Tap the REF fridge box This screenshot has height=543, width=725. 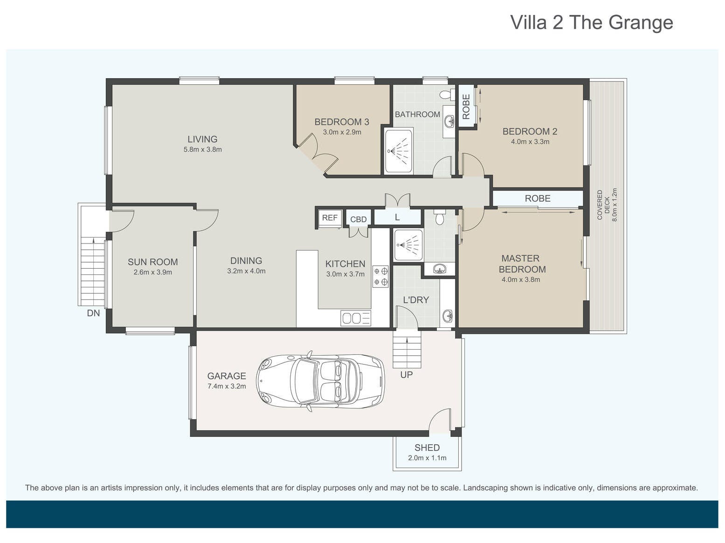coord(329,218)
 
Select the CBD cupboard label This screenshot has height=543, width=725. coord(359,219)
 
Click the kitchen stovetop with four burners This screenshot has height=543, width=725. coord(380,277)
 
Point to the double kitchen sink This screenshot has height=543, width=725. coord(356,318)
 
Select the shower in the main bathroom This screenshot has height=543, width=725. coord(399,151)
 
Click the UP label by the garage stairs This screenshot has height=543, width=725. coord(406,375)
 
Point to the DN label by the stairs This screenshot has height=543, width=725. coord(93,313)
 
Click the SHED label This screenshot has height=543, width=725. coord(427,448)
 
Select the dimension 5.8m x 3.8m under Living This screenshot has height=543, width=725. coord(202,149)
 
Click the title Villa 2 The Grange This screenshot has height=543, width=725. coord(592,22)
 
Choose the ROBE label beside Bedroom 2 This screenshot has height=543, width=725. coord(466,107)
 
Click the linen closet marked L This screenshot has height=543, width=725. coord(397,217)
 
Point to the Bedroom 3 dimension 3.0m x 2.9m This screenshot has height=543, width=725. coord(342,132)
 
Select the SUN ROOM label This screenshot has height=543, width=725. coord(152,262)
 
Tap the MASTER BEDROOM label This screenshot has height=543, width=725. coord(522,264)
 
